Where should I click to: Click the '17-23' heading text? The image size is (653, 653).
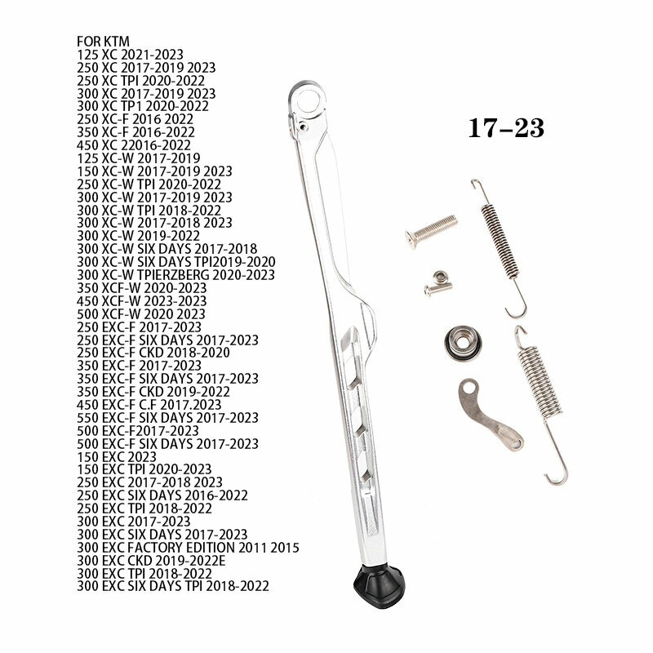coord(506,128)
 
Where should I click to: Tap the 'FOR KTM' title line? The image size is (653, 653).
coord(103,42)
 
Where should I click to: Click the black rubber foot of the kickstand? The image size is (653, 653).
coord(379,585)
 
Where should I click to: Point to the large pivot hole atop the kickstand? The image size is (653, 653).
coord(309,101)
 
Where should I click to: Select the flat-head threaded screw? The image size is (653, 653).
coord(431,231)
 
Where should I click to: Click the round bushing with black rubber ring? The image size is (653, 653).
coord(463,343)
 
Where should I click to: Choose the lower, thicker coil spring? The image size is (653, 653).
coord(540,404)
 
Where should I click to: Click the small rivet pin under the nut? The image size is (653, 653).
coord(438,289)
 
